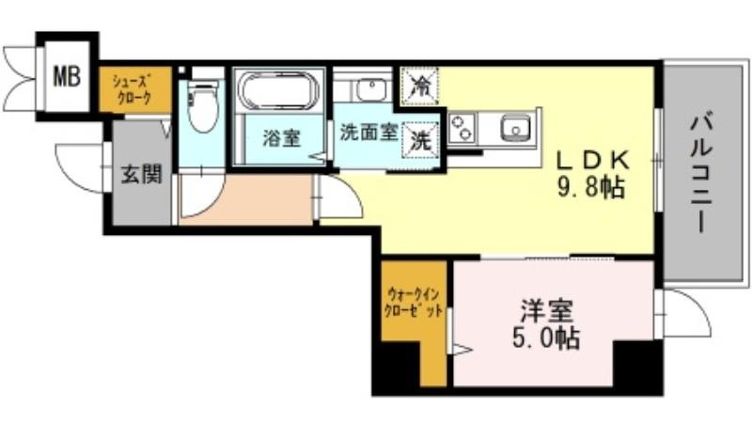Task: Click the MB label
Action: coord(67,76)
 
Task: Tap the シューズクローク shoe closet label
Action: coord(132,89)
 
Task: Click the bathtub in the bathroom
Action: coord(278,90)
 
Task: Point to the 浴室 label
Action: coord(281,138)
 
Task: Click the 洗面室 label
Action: coord(368,132)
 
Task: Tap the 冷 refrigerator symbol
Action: coord(420,86)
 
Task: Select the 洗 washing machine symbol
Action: coord(420,140)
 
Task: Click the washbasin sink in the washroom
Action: coord(371,89)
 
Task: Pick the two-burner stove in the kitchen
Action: coord(462,127)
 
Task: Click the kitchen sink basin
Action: coord(515,128)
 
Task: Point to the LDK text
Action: coord(593,161)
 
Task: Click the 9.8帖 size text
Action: coord(590,187)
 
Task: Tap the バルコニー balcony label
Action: coord(701,174)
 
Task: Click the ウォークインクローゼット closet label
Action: coord(414,302)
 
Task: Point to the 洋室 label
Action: coord(547,311)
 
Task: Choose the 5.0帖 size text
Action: coord(546,338)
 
